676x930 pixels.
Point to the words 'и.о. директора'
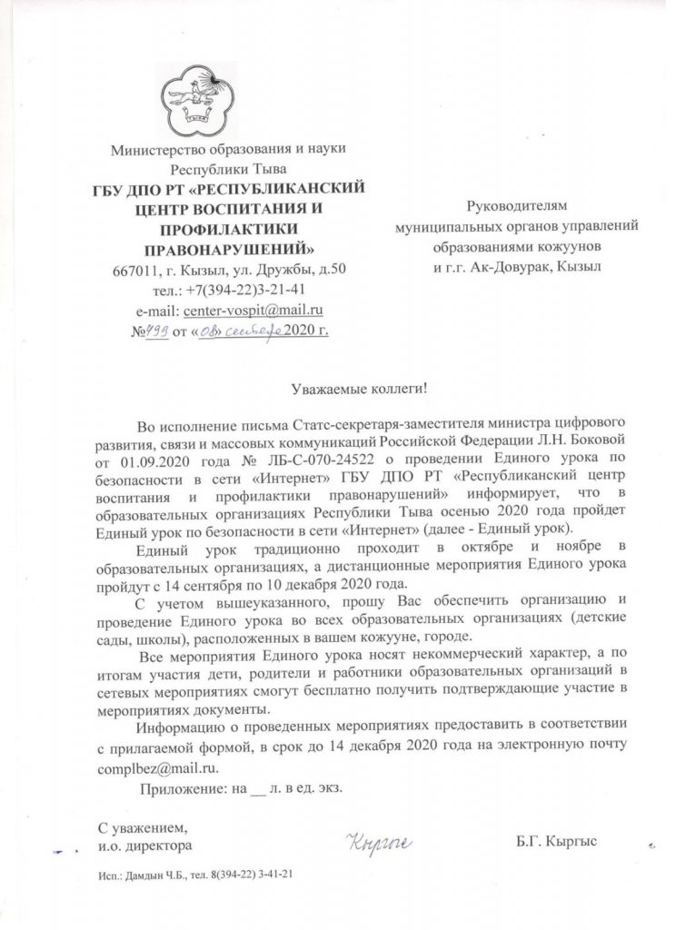point(144,846)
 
